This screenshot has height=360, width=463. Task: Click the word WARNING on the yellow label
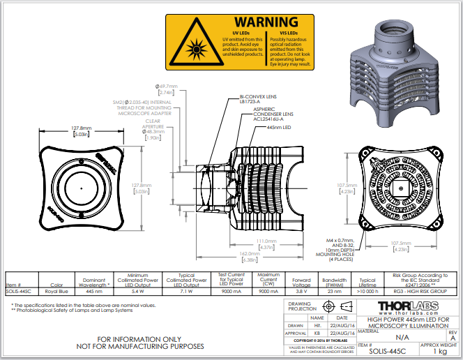pyautogui.click(x=266, y=23)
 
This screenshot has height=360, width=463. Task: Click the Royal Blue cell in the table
pyautogui.click(x=56, y=292)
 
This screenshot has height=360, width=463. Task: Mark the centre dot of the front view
pyautogui.click(x=82, y=190)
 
